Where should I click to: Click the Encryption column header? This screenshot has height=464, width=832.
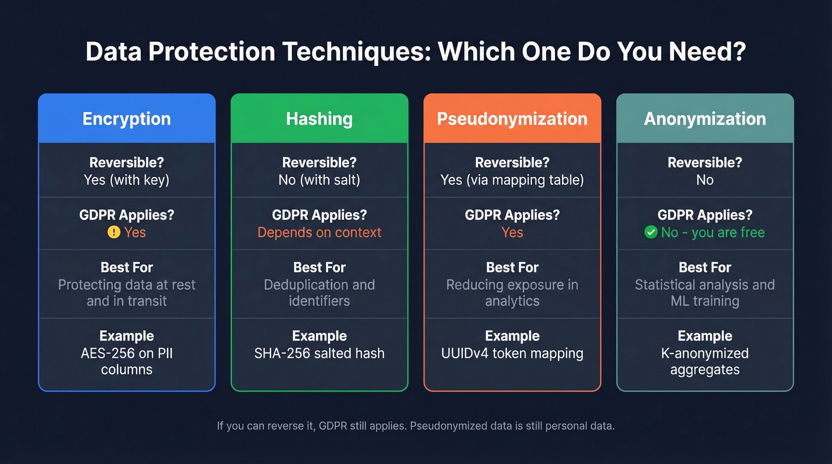tap(127, 118)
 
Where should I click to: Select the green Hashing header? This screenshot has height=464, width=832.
tap(319, 118)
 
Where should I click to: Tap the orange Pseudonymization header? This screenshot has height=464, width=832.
tap(512, 118)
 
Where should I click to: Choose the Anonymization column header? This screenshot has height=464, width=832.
tap(705, 118)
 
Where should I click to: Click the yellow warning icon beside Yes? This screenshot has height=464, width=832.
tap(114, 232)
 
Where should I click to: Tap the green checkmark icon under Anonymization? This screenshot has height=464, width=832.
tap(651, 232)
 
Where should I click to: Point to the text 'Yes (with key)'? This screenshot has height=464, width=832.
tap(127, 180)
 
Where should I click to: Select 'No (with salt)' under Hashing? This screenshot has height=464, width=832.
tap(319, 180)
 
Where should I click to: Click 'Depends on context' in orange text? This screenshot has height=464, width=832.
tap(319, 232)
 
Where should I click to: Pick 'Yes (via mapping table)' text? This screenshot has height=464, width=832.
tap(512, 180)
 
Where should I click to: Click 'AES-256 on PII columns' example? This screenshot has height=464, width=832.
tap(127, 361)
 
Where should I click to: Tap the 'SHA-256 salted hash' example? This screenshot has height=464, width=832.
tap(319, 353)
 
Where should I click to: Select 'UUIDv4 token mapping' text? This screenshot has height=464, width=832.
tap(512, 353)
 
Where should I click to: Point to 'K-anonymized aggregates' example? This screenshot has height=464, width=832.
tap(705, 361)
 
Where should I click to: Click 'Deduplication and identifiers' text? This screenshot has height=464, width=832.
tap(319, 292)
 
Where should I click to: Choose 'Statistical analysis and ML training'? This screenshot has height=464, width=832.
tap(705, 292)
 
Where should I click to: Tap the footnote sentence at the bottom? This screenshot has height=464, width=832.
tap(415, 426)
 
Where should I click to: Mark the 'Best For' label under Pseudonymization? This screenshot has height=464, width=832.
tap(512, 267)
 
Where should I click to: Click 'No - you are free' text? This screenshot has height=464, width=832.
tap(713, 232)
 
